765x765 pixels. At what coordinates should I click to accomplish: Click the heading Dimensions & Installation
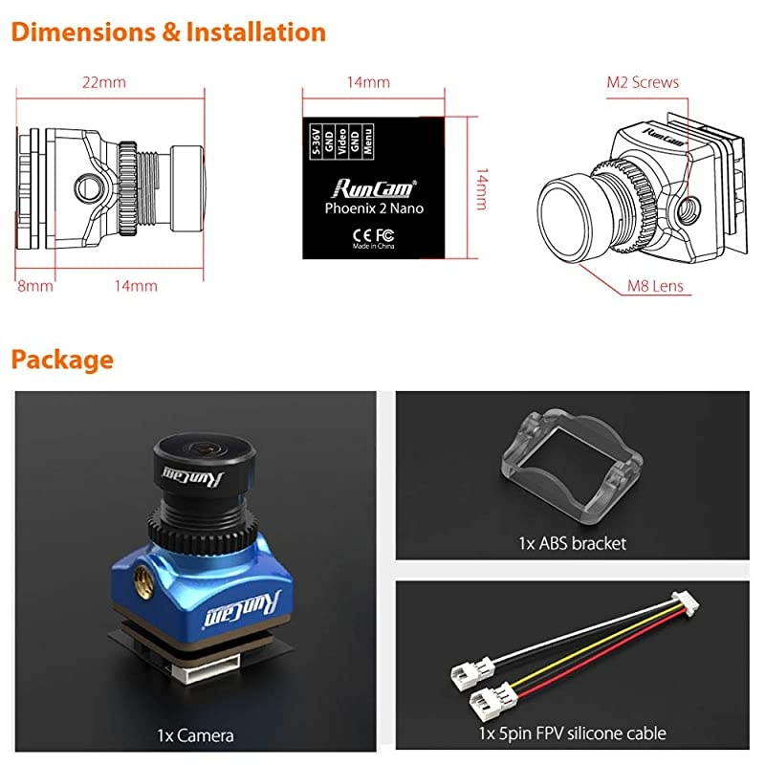pos(168,32)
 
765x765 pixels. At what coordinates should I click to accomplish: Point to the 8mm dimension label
pos(34,285)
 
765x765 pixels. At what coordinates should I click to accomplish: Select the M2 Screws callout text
pos(643,82)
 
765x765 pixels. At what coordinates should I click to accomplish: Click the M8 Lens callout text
pos(656,285)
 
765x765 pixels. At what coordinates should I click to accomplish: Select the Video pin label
pos(342,139)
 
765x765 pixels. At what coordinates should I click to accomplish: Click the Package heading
pos(62,360)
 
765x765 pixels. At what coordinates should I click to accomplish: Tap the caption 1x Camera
pos(195,734)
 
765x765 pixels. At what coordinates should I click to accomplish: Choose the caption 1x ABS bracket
pos(572,543)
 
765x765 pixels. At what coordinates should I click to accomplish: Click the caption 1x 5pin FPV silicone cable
pos(572,733)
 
